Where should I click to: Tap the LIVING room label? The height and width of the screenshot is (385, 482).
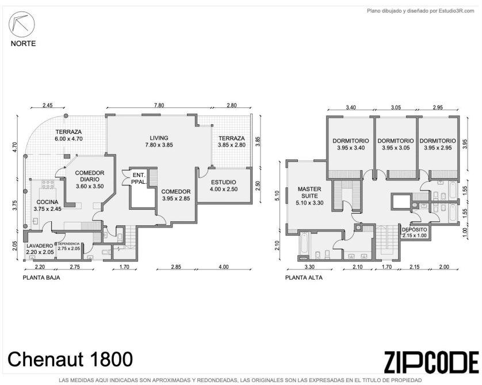coord(159,138)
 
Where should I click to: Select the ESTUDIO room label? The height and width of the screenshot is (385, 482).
coord(224,182)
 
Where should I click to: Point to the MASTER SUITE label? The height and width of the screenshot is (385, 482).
coord(309,192)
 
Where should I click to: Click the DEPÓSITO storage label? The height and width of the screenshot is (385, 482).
coord(414,230)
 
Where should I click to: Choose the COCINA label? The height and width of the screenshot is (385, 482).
coord(47,202)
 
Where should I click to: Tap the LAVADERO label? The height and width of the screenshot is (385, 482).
coord(40,246)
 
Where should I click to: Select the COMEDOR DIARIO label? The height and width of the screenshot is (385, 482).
coord(90,176)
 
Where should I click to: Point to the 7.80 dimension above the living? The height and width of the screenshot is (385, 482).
coord(159,105)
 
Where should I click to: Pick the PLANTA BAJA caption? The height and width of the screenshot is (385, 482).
coord(41,278)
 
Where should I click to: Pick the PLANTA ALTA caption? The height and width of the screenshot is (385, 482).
coord(304,278)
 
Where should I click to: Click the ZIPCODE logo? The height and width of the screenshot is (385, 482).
coord(431,362)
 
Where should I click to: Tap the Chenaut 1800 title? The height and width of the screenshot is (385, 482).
coord(70,359)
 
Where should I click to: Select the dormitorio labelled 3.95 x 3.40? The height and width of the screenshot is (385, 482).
coord(351,144)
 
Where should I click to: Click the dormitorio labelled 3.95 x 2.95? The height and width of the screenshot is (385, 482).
coord(438,144)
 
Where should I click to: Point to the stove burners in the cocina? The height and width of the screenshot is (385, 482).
coord(48,184)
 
